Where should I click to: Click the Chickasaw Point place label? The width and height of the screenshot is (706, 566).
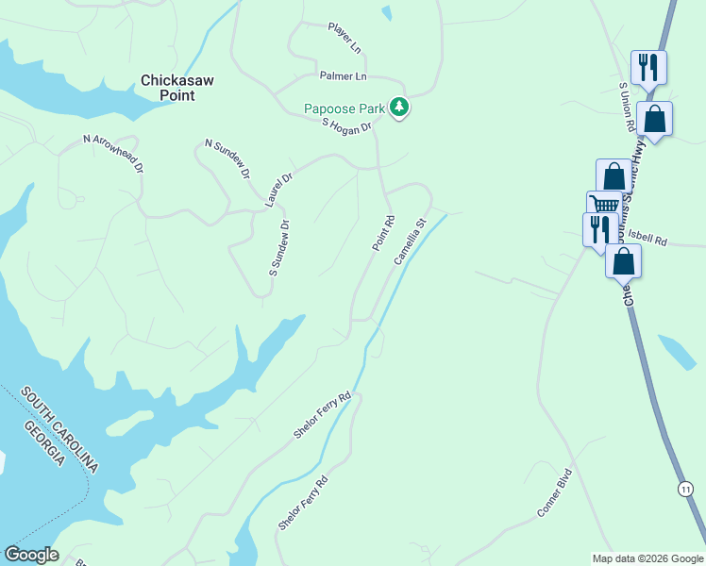coord(177,88)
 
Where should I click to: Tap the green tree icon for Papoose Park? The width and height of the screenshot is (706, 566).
coord(400,108)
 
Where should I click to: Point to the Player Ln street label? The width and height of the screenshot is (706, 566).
coord(345,39)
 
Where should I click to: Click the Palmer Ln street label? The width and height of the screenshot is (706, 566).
coord(343,75)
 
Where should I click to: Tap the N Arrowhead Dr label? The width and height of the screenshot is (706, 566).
coord(113,153)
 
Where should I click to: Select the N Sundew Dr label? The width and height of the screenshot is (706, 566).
coord(228,158)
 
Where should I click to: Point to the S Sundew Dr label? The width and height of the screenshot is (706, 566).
coord(278,247)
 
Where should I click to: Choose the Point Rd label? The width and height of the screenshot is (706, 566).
coord(382,233)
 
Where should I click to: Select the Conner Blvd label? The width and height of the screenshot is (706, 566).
coord(555,492)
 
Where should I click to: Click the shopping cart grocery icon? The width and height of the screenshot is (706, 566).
coord(604,205)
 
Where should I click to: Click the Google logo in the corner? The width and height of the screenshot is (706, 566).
coord(31,555)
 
